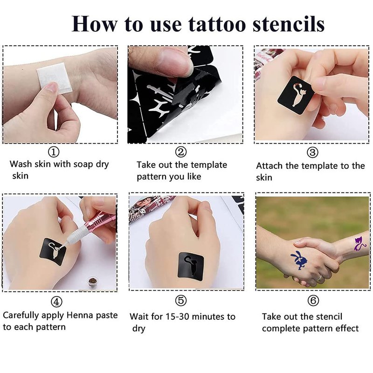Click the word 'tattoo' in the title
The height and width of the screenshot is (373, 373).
pos(217,24)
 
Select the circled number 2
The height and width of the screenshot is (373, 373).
pos(181,152)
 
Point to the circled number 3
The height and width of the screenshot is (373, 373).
pos(312,152)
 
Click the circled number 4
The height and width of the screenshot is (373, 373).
pos(56,302)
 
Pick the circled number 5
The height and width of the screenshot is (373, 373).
pos(181,301)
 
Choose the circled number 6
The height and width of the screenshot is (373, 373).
pos(313,301)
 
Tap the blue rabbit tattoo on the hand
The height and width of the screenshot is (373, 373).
pos(299,260)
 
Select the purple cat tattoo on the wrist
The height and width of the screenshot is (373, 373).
pos(359,243)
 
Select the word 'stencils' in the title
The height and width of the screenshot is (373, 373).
pos(289,24)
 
